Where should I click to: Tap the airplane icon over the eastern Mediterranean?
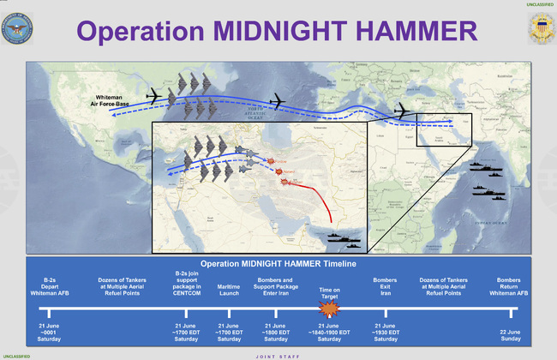coord(402,111)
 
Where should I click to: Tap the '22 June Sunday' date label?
coord(509,334)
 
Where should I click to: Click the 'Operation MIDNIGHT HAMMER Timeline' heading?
coord(278,263)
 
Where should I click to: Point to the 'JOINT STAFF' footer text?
coord(278,356)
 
